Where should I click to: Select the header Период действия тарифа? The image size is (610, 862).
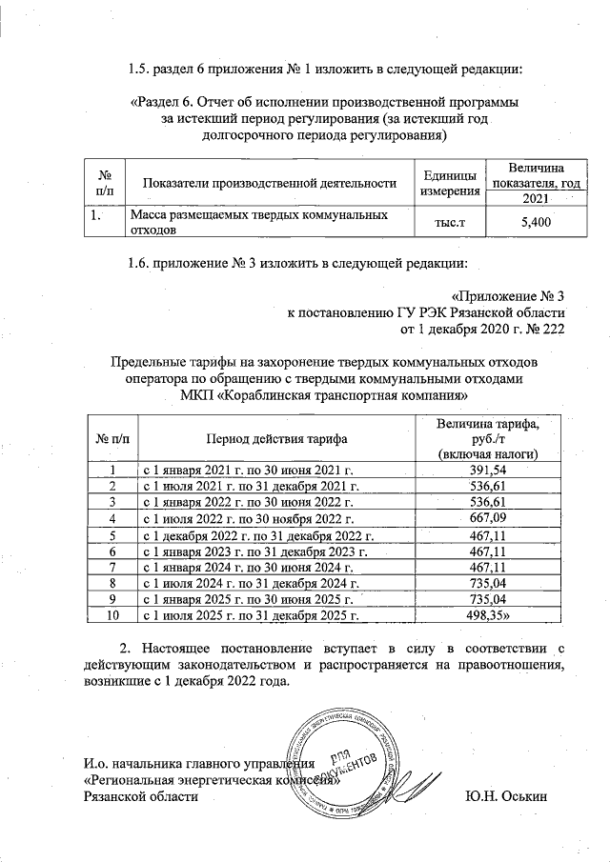(274, 439)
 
